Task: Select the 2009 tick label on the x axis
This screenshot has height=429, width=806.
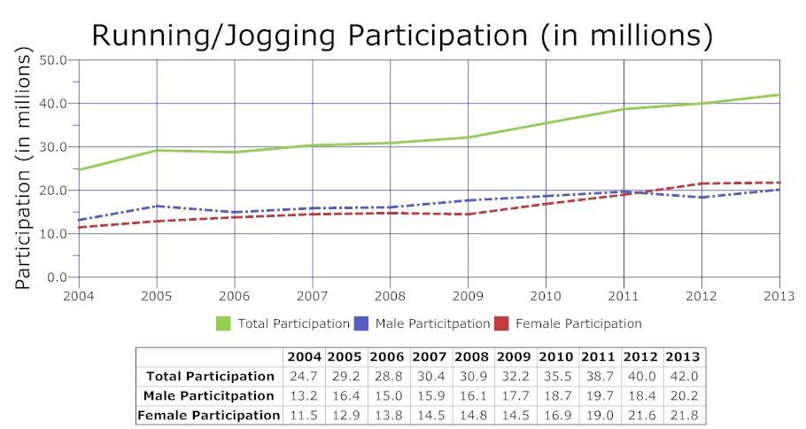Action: pos(469,294)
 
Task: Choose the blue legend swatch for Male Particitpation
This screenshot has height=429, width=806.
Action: pos(361,324)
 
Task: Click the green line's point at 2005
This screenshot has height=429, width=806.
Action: pos(157,151)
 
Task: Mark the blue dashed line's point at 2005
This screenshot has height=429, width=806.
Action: pos(157,206)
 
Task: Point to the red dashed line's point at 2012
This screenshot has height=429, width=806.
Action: pos(701,183)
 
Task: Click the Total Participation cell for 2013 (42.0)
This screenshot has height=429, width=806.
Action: pos(683,377)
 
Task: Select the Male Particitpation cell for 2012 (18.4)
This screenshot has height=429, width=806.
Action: pos(641,395)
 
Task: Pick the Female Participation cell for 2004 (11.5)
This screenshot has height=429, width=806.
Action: pos(304,414)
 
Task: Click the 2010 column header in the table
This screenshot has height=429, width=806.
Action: pos(557,357)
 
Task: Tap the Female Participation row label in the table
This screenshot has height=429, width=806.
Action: pos(210,414)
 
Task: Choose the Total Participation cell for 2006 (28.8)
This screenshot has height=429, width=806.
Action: pos(388,377)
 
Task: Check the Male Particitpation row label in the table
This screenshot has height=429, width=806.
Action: pos(210,395)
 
